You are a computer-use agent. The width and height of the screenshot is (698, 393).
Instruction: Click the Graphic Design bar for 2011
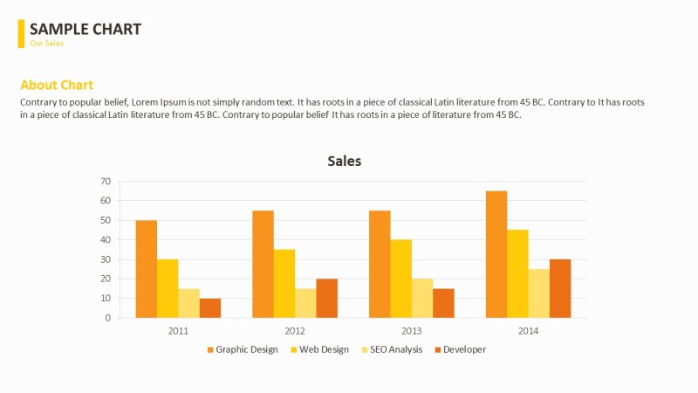tap(146, 269)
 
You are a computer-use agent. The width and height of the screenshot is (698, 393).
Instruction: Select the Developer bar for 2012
tap(326, 298)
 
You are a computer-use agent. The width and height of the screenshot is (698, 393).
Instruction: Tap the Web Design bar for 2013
tap(401, 279)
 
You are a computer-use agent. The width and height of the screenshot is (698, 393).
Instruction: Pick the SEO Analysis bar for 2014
tap(539, 293)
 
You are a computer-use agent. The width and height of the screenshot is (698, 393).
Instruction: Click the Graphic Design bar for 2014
tap(496, 254)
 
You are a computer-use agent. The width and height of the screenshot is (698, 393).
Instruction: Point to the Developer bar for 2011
tap(210, 308)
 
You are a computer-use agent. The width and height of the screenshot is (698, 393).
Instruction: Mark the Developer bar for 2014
tap(560, 288)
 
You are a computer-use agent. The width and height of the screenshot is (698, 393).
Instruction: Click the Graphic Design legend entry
tap(243, 349)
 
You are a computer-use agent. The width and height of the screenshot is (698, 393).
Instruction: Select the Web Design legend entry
tap(319, 349)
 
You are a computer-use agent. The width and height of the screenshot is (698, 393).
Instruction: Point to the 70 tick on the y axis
tap(106, 182)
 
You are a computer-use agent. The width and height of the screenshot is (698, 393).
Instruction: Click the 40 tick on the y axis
tap(106, 240)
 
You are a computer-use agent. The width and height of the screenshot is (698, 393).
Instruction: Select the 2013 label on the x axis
tap(412, 331)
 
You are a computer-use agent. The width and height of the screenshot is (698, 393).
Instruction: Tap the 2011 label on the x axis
tap(178, 331)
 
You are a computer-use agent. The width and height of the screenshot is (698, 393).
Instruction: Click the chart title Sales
tap(344, 161)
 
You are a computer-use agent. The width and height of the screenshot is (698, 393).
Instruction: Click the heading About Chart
tap(57, 85)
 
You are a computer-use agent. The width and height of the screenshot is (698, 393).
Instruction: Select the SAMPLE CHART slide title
tap(86, 29)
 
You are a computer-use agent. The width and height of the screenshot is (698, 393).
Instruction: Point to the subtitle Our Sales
tap(47, 43)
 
